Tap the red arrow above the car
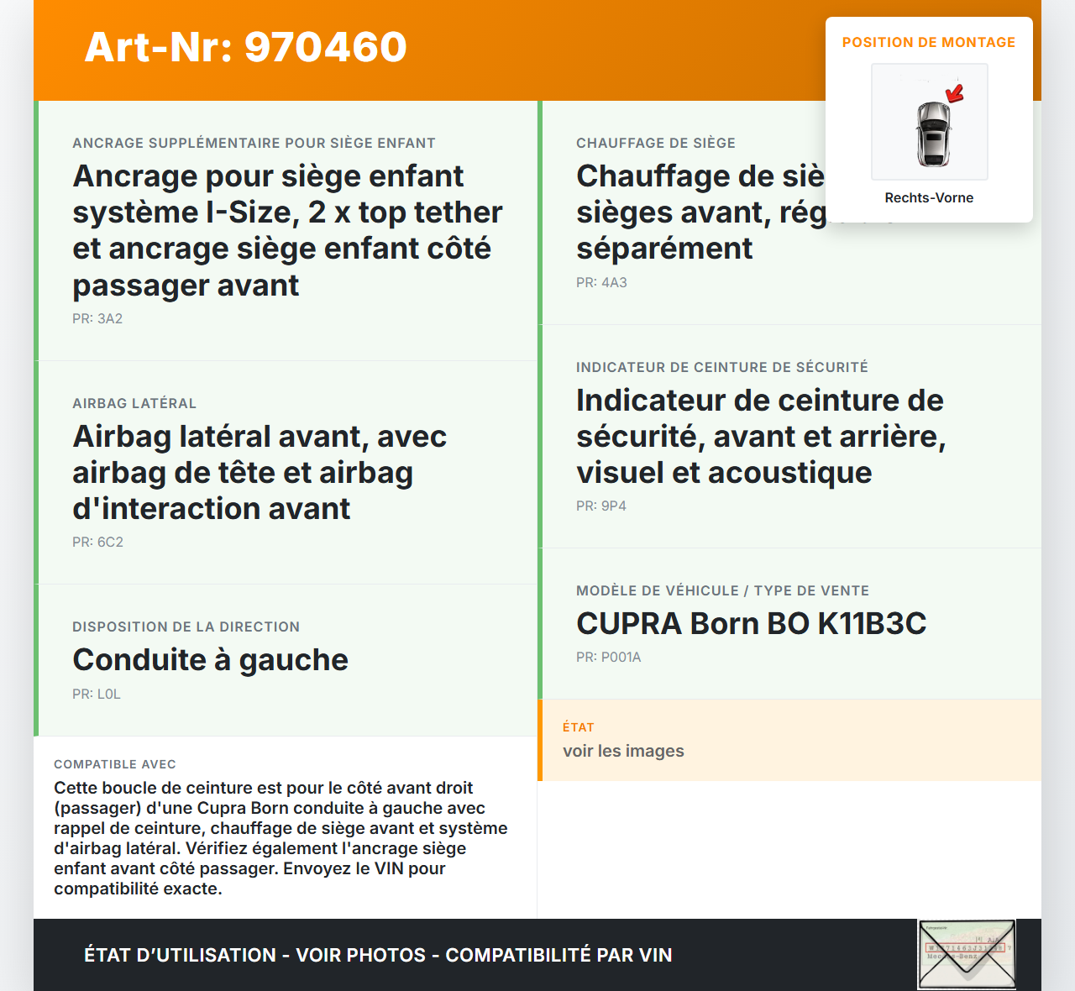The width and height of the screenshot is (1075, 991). [x=955, y=92]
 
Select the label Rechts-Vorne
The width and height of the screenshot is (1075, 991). [x=929, y=197]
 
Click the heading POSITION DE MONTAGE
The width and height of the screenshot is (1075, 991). [x=929, y=42]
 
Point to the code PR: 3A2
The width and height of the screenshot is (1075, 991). [x=97, y=318]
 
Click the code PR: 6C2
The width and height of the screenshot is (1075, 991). [x=97, y=542]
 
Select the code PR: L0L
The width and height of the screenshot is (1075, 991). [x=97, y=694]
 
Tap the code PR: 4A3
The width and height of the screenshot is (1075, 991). [x=601, y=282]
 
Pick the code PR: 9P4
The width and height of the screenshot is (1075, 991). [x=601, y=506]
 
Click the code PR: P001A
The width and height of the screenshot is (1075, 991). [x=608, y=657]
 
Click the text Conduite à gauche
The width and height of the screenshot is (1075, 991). [x=210, y=660]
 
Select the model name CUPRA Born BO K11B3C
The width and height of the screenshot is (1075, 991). [x=751, y=623]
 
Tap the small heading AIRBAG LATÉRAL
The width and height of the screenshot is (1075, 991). [x=134, y=403]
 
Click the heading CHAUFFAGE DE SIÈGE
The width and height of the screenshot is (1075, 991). [x=655, y=143]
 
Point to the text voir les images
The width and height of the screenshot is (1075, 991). [x=623, y=751]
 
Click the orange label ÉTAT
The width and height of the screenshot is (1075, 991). [x=578, y=727]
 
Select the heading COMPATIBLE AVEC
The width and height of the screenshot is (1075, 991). [x=115, y=764]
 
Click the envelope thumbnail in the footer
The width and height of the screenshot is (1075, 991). [x=967, y=954]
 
